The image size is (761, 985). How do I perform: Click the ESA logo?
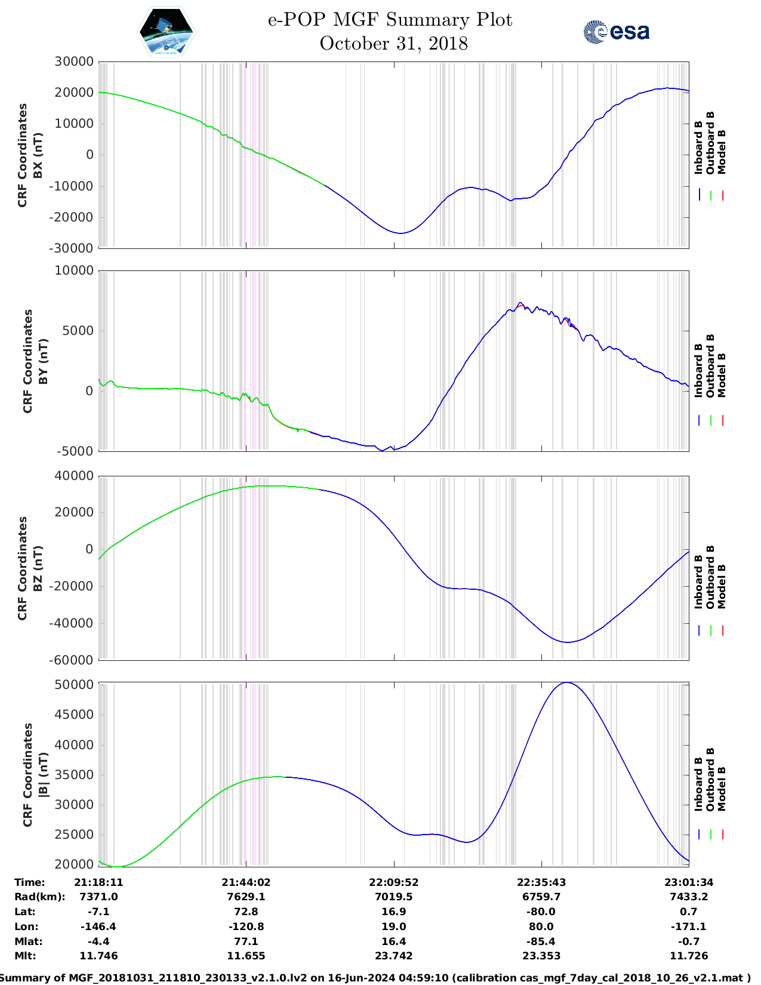pyautogui.click(x=616, y=32)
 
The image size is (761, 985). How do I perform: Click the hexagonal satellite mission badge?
pyautogui.click(x=166, y=32)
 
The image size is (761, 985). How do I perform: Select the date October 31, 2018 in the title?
pyautogui.click(x=393, y=44)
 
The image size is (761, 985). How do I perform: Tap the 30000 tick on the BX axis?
pyautogui.click(x=74, y=61)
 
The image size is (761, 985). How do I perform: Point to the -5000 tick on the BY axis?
pyautogui.click(x=75, y=451)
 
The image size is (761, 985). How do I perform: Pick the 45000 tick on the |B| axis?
pyautogui.click(x=74, y=715)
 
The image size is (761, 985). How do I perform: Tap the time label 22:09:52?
pyautogui.click(x=394, y=882)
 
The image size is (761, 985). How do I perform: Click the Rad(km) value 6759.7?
pyautogui.click(x=541, y=897)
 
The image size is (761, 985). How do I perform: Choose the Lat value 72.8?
pyautogui.click(x=246, y=912)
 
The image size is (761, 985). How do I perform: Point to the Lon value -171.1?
pyautogui.click(x=688, y=926)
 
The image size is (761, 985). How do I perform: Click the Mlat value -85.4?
pyautogui.click(x=541, y=941)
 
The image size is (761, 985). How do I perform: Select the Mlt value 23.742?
pyautogui.click(x=394, y=956)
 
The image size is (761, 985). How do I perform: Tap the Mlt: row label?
pyautogui.click(x=25, y=956)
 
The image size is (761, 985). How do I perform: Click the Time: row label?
pyautogui.click(x=30, y=882)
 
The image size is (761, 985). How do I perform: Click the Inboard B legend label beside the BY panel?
pyautogui.click(x=698, y=371)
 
